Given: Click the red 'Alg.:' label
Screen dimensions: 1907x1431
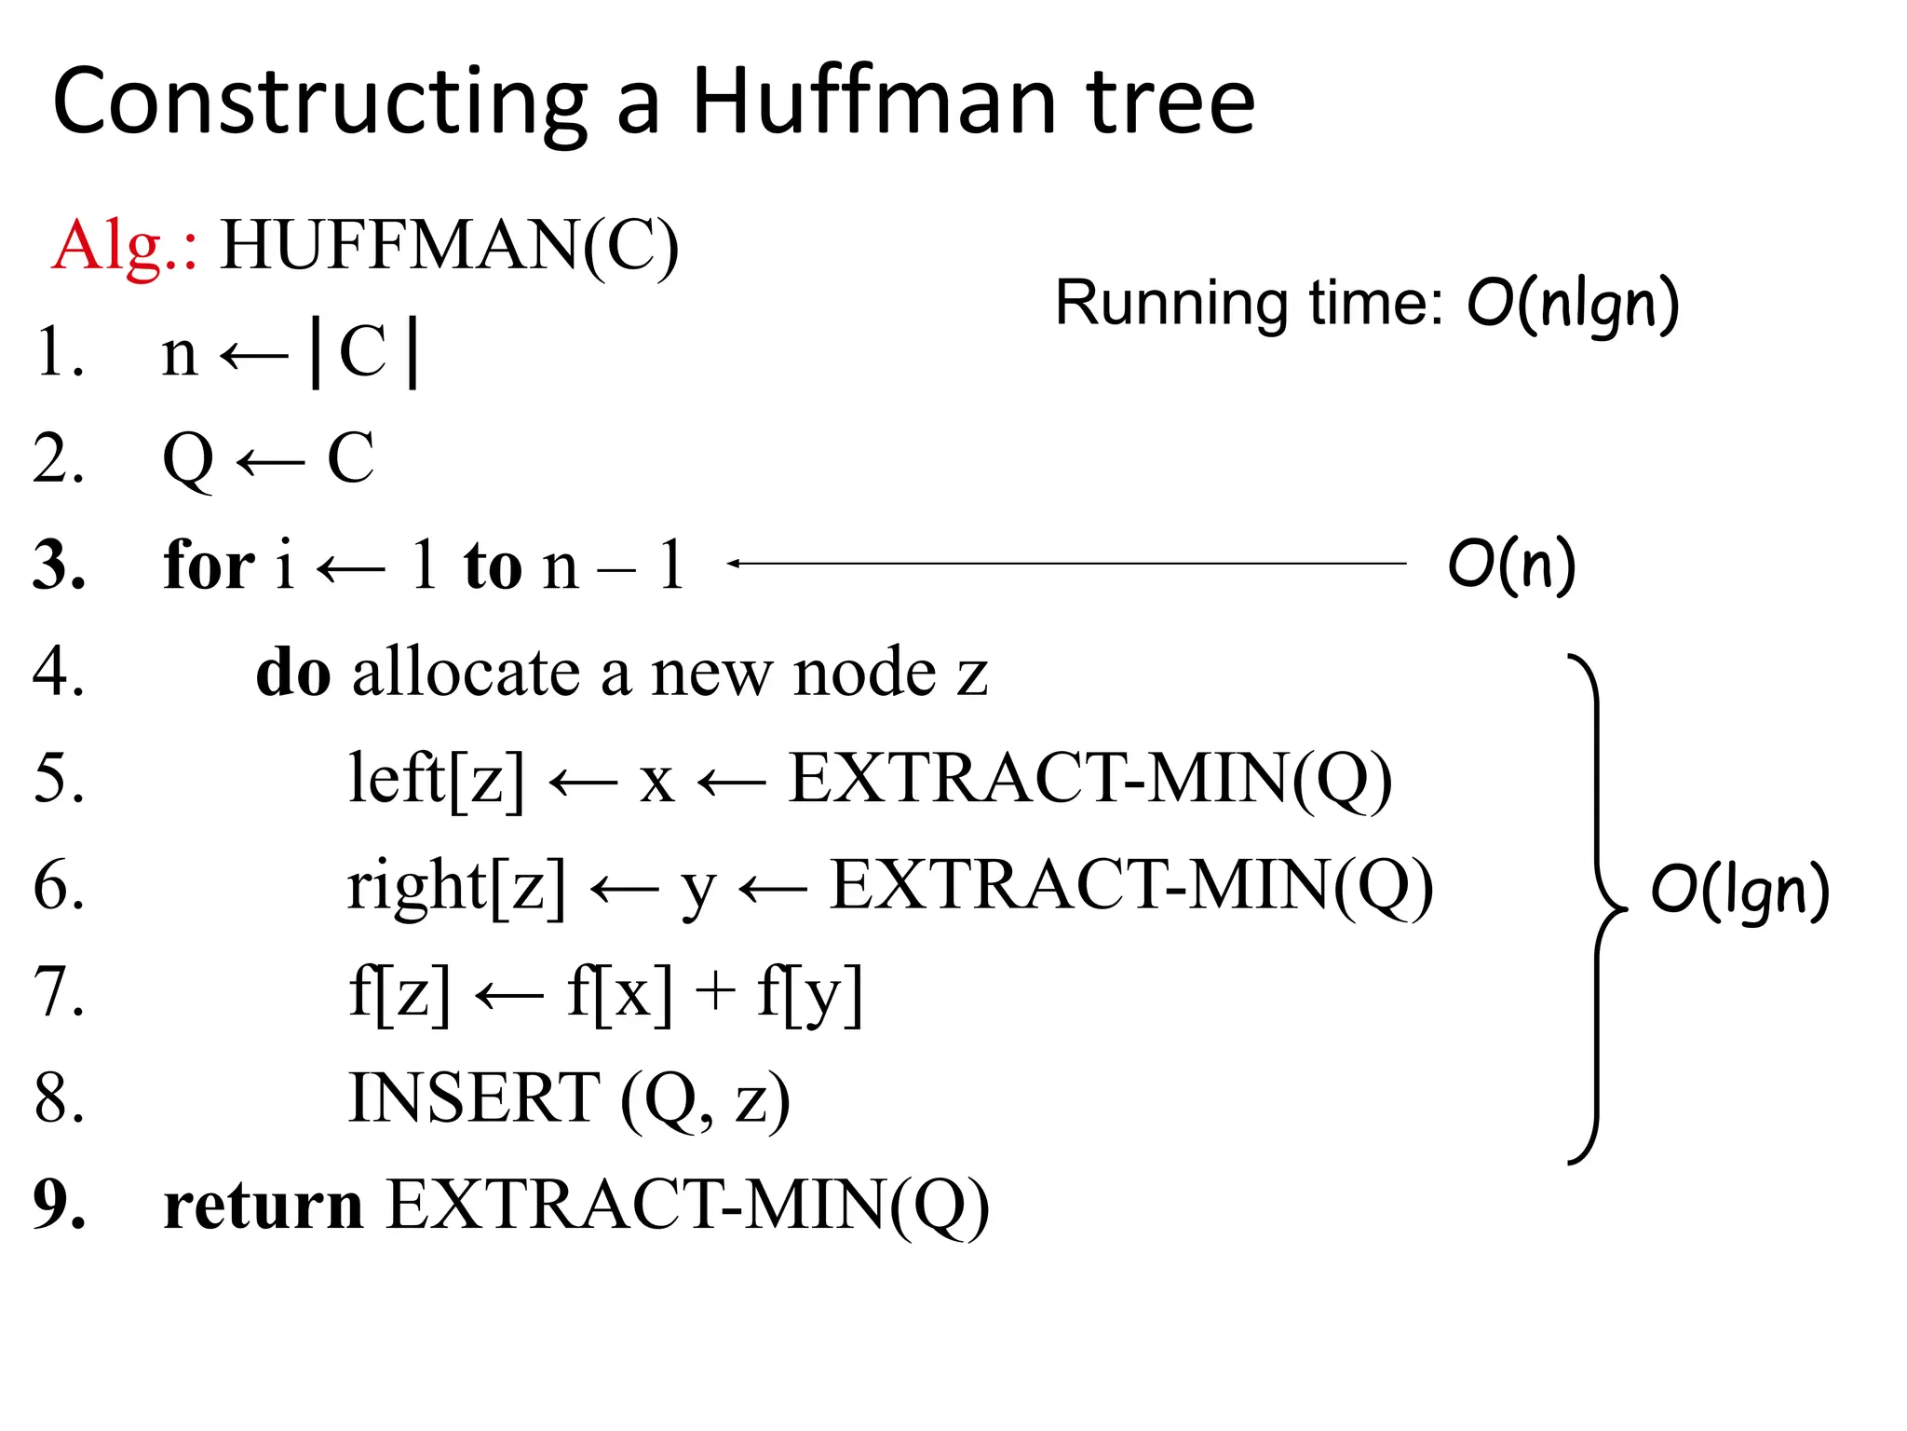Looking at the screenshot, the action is coord(124,246).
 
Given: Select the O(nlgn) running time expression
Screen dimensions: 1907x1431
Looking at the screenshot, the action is coord(1573,304).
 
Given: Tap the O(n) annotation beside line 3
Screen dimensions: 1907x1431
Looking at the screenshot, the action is coord(1511,565).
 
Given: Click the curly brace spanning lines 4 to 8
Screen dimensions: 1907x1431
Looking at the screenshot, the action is coord(1596,909).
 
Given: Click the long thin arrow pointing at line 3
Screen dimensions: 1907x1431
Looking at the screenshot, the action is coord(1066,563).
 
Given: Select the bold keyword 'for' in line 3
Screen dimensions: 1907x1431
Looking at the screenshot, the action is coord(209,565).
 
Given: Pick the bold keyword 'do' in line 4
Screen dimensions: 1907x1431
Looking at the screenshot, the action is coord(293,672).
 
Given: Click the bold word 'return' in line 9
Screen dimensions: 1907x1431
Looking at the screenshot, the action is coord(264,1205).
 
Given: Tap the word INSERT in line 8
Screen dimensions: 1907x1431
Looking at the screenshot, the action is coord(474,1098).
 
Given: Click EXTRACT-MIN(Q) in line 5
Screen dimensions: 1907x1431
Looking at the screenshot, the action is coord(1089,779).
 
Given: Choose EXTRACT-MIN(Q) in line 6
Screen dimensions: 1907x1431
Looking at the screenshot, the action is coord(1130,885).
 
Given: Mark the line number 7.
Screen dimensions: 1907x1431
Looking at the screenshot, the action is coord(58,991).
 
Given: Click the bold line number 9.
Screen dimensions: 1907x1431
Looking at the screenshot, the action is coord(58,1205).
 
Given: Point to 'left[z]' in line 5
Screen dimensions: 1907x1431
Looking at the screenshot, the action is coord(436,779).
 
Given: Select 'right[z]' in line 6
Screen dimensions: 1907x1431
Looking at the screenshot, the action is coord(456,885).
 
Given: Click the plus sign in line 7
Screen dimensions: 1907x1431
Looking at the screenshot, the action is coord(715,991).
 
